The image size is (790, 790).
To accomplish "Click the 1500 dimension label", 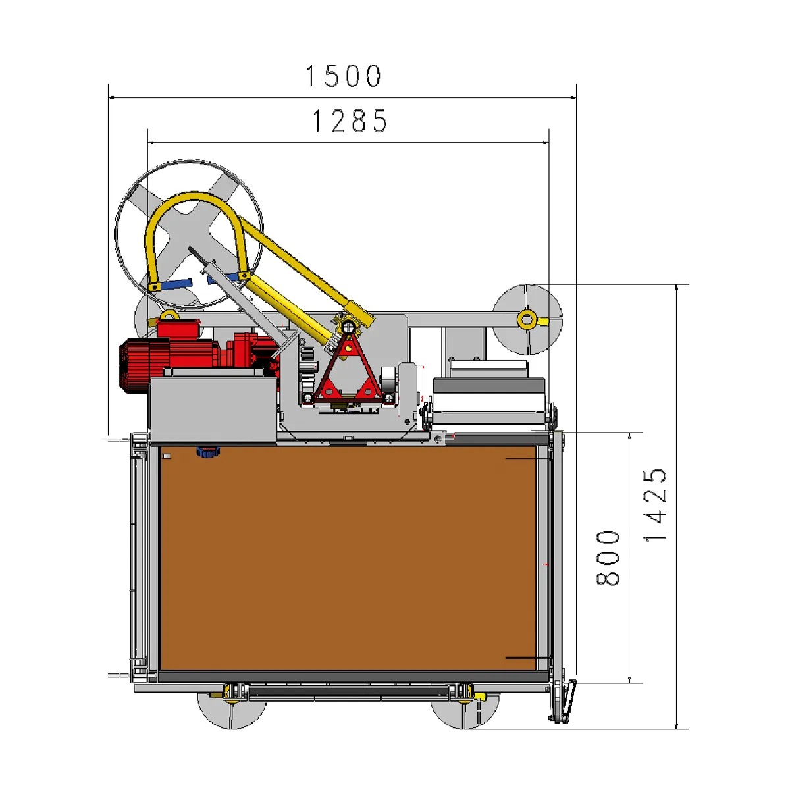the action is (x=344, y=76).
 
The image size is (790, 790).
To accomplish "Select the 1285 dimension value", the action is (x=350, y=121).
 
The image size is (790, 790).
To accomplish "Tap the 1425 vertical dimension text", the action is (x=654, y=506).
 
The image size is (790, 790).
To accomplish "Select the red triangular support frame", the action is (x=348, y=369).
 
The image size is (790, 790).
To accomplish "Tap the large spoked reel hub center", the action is (x=189, y=232).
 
